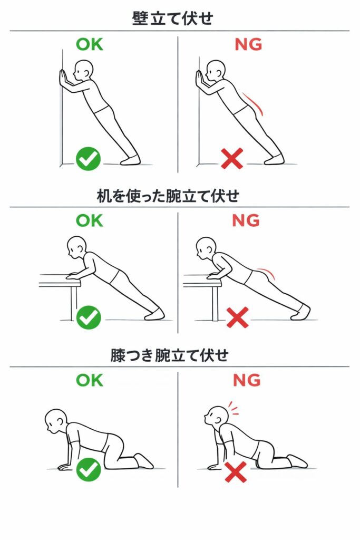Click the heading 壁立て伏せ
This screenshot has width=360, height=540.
pos(172,18)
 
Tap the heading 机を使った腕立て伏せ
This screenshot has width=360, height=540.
pos(168,196)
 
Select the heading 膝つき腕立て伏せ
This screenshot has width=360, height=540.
pos(169,355)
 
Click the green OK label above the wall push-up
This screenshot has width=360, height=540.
pos(90,44)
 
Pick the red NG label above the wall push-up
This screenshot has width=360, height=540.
pos(248,44)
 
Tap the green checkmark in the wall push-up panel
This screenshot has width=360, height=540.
pos(89,159)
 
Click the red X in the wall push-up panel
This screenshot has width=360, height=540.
pos(232,158)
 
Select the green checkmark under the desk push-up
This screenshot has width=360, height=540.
pos(89,317)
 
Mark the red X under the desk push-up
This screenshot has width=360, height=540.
pos(238,317)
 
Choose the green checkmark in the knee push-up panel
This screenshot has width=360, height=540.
pos(89,469)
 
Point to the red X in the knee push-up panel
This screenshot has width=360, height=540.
pos(236,472)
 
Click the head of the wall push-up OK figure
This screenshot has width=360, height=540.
pos(84,70)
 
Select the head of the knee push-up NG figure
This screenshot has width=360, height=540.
pos(216,416)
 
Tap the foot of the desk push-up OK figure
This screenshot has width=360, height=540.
pos(154,314)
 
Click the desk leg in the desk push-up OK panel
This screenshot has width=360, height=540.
pos(74,303)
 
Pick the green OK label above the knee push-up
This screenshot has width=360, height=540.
pos(90,380)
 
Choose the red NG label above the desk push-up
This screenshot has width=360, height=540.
pos(246,221)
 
